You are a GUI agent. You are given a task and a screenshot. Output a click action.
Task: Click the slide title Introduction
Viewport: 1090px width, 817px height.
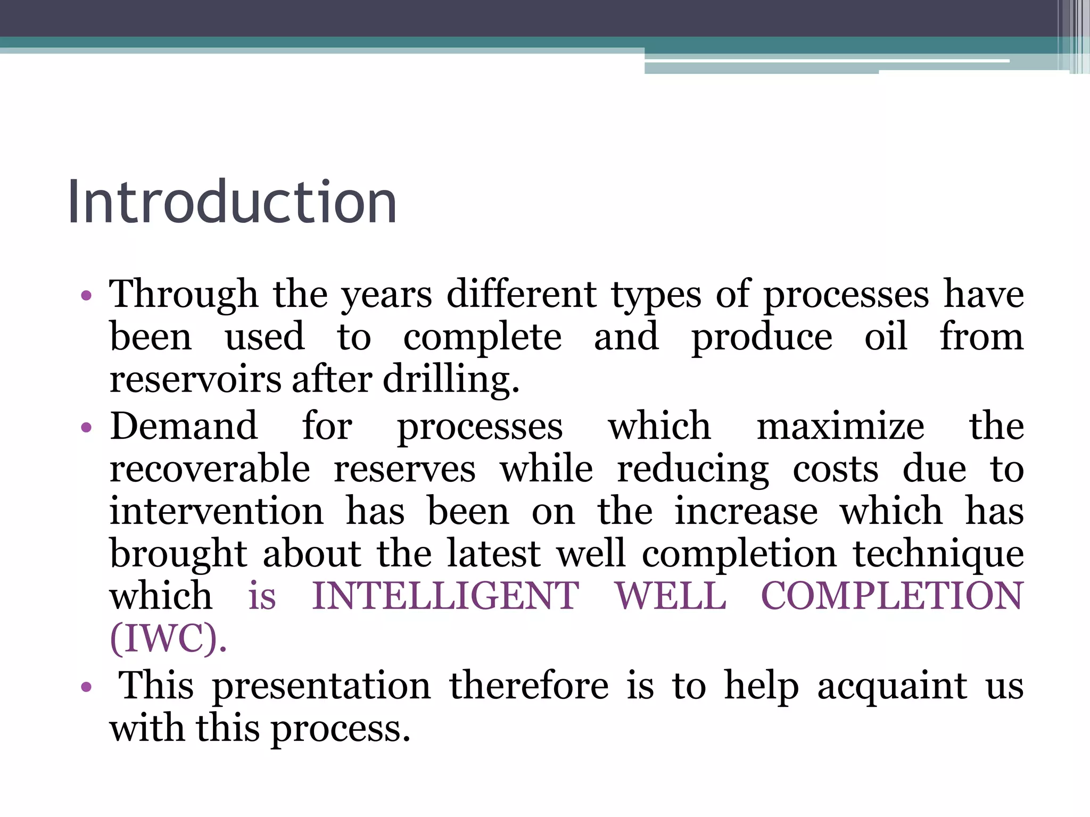[232, 202]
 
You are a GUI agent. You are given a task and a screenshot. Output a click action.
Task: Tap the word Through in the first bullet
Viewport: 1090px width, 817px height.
[184, 294]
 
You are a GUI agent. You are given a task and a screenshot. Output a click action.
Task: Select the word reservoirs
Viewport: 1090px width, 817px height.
[195, 379]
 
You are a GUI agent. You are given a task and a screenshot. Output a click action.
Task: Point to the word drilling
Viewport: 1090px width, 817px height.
[450, 379]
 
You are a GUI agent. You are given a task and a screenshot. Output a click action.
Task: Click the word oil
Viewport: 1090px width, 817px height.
[886, 337]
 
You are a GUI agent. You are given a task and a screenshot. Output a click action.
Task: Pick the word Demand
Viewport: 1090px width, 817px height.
[184, 426]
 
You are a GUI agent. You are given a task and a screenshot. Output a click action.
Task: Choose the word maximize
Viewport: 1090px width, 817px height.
[840, 426]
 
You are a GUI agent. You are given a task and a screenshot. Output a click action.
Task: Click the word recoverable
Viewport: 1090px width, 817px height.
[210, 469]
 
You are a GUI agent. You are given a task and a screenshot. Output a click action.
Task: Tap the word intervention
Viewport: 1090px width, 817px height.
[216, 511]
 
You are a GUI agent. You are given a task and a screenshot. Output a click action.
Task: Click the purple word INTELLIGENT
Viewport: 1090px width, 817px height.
[445, 596]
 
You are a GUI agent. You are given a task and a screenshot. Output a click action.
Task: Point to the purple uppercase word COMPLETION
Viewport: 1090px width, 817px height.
[892, 596]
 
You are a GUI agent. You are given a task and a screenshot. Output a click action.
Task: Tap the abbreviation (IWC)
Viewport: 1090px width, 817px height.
[168, 638]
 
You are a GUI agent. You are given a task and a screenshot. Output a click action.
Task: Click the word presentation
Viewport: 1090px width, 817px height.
[321, 686]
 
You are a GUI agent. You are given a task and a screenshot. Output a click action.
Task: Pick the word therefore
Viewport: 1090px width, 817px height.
[529, 686]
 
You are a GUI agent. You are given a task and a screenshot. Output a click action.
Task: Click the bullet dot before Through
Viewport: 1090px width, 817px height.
[86, 295]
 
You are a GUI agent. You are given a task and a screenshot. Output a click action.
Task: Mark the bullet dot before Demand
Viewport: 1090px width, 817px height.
[86, 427]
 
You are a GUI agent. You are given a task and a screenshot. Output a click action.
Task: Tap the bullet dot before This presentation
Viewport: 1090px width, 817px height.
[86, 687]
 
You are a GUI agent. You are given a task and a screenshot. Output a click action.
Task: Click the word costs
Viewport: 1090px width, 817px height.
[836, 469]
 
